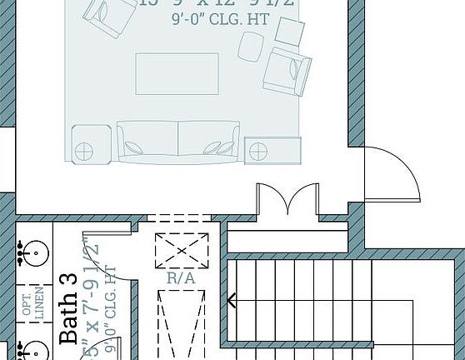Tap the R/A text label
181,279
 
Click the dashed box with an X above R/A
181,251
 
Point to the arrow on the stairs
232,300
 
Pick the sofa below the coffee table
178,142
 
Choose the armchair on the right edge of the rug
287,70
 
